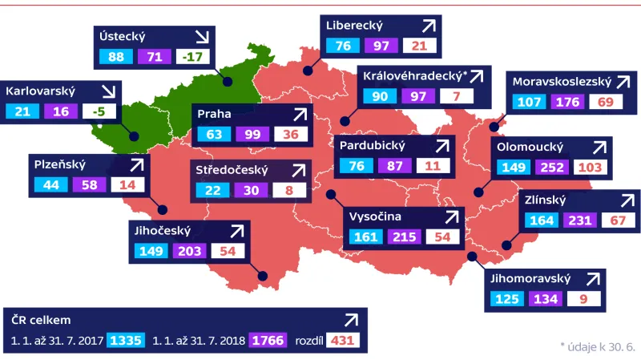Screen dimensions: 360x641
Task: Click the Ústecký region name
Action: tap(121, 36)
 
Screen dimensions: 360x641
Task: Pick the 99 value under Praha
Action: tap(251, 134)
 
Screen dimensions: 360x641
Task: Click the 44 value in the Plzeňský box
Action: tap(50, 184)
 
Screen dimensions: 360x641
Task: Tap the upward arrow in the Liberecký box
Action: tap(429, 26)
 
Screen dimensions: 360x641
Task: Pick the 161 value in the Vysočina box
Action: tap(365, 237)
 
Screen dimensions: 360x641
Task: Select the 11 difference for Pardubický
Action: tap(433, 166)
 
